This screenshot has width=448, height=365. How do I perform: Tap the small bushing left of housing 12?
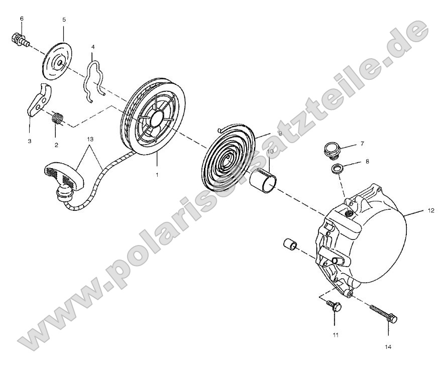[290, 245]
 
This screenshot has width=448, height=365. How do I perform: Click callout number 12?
[430, 211]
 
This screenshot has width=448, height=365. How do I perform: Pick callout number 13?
[90, 138]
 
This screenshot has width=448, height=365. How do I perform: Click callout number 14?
[388, 346]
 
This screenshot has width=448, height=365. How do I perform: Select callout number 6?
[22, 19]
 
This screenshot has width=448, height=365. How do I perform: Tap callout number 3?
[29, 142]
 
